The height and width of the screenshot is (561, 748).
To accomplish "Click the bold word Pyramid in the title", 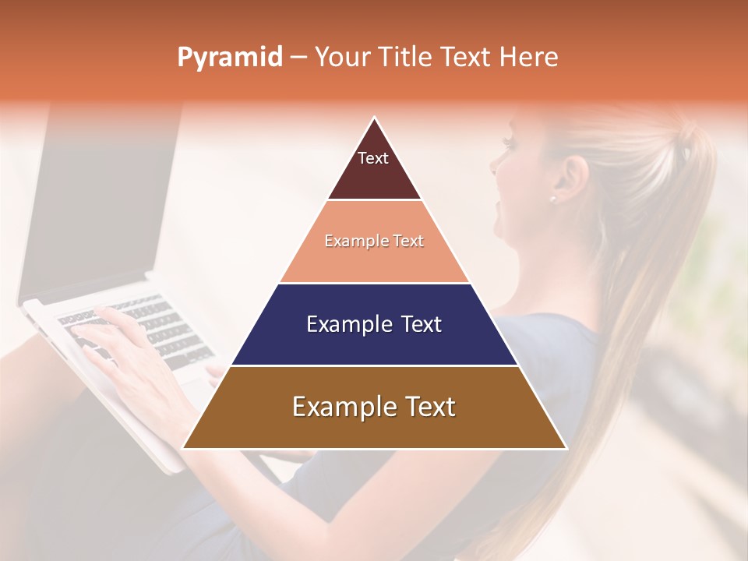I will tap(230, 58).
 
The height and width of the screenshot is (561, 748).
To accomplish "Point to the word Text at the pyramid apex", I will tap(372, 158).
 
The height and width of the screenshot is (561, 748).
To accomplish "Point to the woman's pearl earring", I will tap(552, 199).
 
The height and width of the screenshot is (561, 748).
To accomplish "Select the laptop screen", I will tap(93, 203).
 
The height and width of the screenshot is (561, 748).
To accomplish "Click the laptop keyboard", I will tap(140, 327).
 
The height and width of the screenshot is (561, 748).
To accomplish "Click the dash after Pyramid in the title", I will tap(298, 58).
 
